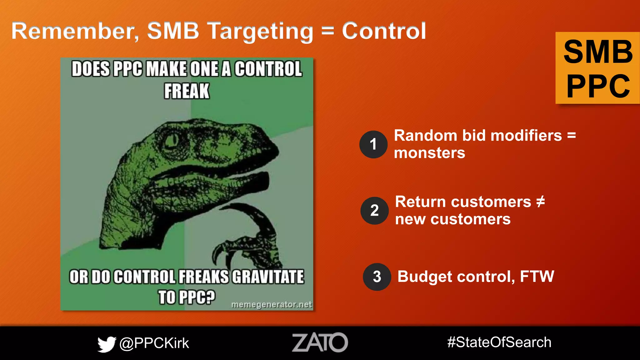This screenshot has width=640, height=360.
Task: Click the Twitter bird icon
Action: pyautogui.click(x=107, y=344)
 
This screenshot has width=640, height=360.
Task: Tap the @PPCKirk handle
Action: pyautogui.click(x=154, y=343)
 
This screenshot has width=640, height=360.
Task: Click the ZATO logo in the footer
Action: pyautogui.click(x=320, y=342)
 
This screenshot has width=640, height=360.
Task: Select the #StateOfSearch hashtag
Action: pyautogui.click(x=499, y=342)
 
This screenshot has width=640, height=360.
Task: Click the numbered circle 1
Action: pyautogui.click(x=373, y=144)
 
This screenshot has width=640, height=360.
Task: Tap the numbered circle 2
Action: pyautogui.click(x=374, y=210)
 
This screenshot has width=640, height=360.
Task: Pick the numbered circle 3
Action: pyautogui.click(x=377, y=277)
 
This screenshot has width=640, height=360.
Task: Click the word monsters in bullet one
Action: pyautogui.click(x=429, y=153)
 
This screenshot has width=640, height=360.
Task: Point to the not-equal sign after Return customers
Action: pyautogui.click(x=541, y=202)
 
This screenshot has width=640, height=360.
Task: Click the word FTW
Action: pyautogui.click(x=537, y=277)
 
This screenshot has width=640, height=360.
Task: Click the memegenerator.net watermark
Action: pyautogui.click(x=271, y=304)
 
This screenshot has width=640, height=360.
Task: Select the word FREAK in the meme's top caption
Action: pyautogui.click(x=187, y=91)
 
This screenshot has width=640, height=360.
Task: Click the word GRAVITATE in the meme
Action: pyautogui.click(x=268, y=277)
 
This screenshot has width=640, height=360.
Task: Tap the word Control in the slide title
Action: pyautogui.click(x=384, y=31)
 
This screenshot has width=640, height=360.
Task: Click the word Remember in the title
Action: pyautogui.click(x=75, y=31)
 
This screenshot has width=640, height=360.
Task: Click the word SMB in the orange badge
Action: pyautogui.click(x=598, y=52)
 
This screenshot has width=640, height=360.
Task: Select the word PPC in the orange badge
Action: pyautogui.click(x=598, y=86)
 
